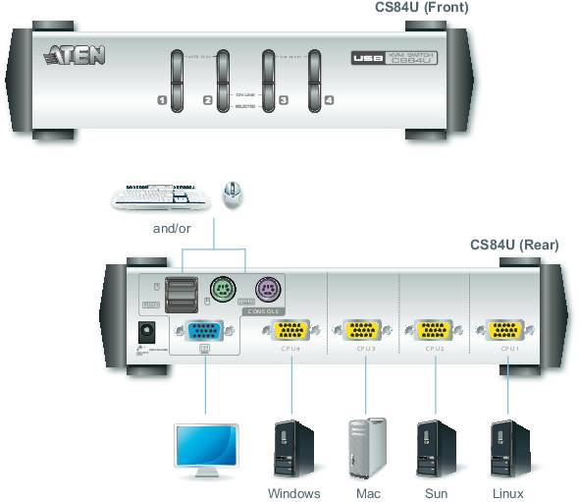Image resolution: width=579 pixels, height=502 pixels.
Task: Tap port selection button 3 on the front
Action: [x=269, y=78]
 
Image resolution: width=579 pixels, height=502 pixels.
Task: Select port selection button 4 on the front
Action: [x=315, y=78]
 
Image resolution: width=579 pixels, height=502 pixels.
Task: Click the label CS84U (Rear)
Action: [x=514, y=245]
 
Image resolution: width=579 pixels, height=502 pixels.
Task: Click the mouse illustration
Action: [x=233, y=194]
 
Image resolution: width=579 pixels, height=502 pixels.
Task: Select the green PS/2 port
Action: [x=223, y=291]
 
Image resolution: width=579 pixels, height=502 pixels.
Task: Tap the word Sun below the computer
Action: [x=435, y=493]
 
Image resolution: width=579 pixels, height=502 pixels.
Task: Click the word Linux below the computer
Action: [x=507, y=493]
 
